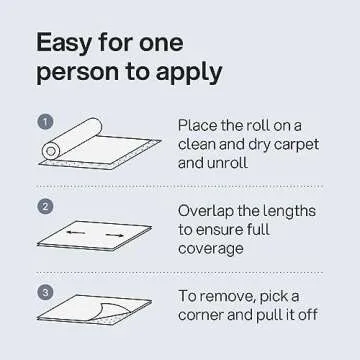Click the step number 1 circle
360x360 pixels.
[45, 123]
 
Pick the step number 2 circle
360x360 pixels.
[45, 208]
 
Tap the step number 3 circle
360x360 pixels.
[45, 292]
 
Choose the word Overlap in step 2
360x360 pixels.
[210, 211]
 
